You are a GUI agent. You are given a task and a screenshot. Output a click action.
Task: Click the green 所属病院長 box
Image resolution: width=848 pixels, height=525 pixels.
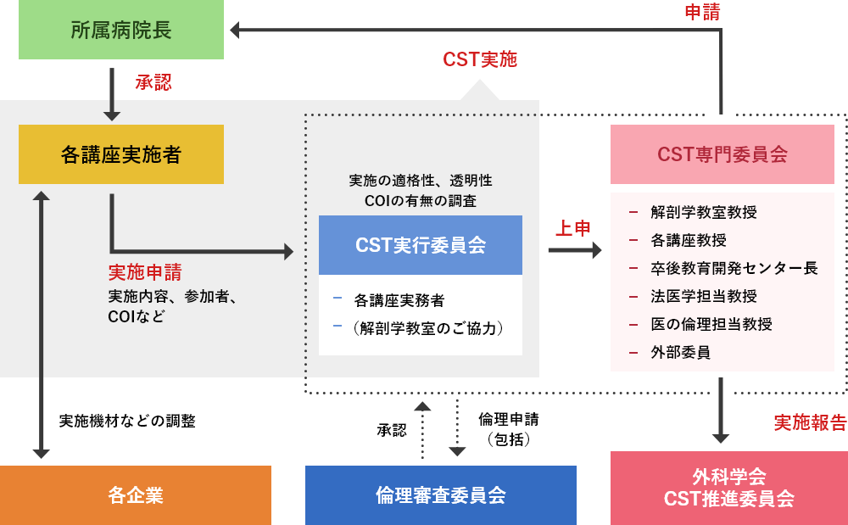[121, 31]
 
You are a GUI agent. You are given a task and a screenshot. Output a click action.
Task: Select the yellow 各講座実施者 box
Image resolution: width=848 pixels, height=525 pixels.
[121, 154]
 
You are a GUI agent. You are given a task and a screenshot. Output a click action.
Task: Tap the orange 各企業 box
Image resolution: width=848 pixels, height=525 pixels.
[136, 495]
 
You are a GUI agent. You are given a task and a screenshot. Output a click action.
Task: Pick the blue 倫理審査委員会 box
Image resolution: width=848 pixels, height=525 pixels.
[441, 495]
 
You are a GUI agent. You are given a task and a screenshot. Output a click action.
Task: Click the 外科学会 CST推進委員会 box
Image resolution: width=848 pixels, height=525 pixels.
[729, 488]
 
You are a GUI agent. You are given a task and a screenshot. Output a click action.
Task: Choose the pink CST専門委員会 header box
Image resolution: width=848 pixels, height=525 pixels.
[722, 154]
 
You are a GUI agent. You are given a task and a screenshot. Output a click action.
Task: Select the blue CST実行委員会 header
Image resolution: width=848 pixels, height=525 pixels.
[421, 245]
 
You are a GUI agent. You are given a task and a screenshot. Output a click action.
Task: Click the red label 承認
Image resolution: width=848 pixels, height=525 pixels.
[153, 82]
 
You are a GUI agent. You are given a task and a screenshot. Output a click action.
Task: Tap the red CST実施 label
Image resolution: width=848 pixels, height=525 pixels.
[480, 59]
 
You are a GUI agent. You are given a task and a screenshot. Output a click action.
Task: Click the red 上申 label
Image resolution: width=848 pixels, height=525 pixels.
[573, 228]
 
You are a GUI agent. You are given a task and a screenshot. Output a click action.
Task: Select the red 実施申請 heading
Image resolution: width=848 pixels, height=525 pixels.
[145, 273]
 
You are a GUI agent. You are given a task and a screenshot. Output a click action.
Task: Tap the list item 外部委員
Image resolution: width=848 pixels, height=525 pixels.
[680, 352]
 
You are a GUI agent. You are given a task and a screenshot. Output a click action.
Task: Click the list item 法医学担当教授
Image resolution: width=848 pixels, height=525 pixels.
[704, 296]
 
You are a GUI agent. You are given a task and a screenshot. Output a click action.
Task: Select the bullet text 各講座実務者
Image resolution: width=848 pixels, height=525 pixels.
[399, 299]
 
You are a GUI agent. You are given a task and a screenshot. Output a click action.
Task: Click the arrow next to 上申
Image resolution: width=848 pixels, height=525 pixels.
[575, 250]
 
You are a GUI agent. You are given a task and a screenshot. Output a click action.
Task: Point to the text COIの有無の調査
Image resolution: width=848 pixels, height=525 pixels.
[421, 201]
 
